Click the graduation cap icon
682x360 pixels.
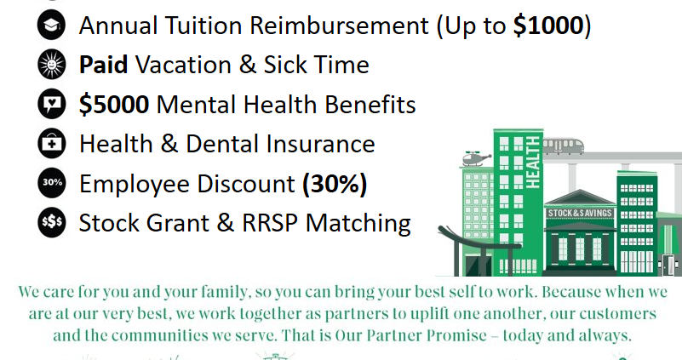52,25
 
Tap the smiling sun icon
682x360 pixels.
52,65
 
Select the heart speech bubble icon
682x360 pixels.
52,104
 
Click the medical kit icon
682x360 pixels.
52,143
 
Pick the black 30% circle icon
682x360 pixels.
52,183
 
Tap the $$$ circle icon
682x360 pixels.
52,222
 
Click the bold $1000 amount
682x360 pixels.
548,26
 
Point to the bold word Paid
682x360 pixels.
104,65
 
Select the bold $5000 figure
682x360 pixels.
114,105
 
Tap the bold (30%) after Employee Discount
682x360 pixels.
335,184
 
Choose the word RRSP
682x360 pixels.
270,223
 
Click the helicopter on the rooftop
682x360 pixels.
476,158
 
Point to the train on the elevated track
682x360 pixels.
564,146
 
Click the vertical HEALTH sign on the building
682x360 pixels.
533,163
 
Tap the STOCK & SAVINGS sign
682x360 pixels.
580,213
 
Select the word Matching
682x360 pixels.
358,224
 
